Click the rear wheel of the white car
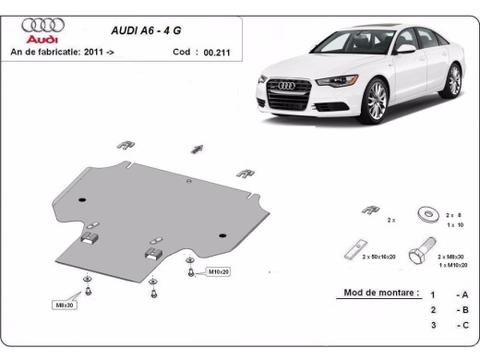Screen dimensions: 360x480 click(x=452, y=80)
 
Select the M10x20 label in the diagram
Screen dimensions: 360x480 click(x=219, y=272)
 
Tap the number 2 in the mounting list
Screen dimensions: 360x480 click(x=431, y=310)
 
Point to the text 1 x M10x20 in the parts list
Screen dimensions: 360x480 click(x=452, y=265)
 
